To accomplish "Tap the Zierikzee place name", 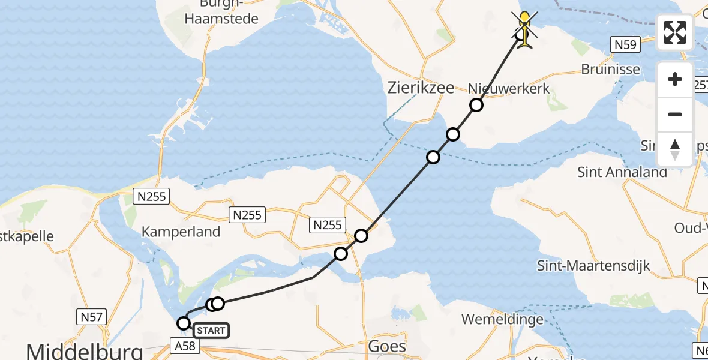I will pos(421,88).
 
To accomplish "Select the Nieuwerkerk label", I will pos(509,89).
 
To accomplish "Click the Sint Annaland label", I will pos(622,172).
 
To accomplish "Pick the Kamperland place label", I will pos(181,232).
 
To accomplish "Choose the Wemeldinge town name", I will pos(503,319).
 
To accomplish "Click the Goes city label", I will pos(386,347).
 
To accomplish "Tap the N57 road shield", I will pos(92,316).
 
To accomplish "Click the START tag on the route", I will pos(211,331).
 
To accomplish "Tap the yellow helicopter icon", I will pos(525,29).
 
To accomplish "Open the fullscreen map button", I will pos(675,32).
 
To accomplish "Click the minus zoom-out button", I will pos(675,114).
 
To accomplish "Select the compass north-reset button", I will pos(675,149).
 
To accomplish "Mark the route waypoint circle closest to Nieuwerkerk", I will pos(476,106).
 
